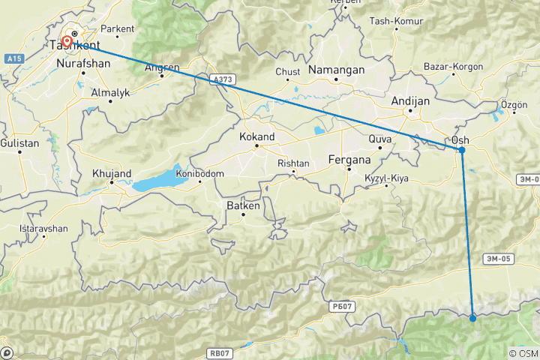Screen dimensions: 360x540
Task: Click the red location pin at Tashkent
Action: coord(67,42)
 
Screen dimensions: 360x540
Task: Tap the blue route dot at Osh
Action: coord(462,150)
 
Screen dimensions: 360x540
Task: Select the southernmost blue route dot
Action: coord(472,319)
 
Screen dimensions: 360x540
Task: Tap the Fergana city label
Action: coord(351,159)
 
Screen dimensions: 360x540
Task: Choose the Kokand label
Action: coord(256,137)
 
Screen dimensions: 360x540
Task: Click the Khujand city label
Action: coord(111,173)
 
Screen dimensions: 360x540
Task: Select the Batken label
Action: coord(243,205)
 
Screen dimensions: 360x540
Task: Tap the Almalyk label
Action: coord(110,92)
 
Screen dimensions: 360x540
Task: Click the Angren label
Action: coord(162,67)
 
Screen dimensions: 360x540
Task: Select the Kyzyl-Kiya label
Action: coord(385,177)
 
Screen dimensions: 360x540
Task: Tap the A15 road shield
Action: coord(12,57)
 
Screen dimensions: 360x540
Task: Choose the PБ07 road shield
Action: coord(340,306)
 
